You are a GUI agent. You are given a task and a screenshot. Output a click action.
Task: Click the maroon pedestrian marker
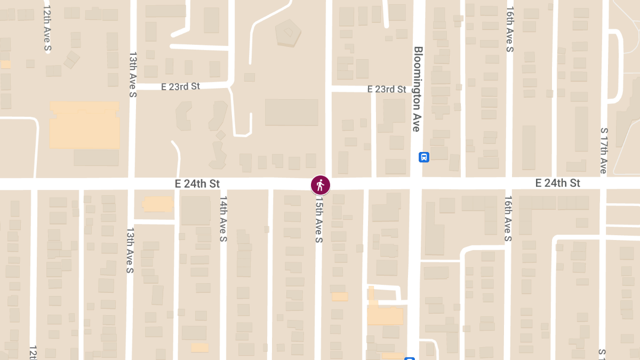(320, 185)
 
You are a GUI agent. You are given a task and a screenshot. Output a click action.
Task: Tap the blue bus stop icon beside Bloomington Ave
(424, 157)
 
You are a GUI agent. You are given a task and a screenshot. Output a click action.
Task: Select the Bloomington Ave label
(417, 89)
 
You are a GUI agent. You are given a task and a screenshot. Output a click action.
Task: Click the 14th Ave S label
(223, 219)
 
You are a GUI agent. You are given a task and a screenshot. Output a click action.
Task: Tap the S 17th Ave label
(604, 150)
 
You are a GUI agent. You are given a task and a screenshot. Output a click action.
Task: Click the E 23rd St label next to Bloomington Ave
(387, 89)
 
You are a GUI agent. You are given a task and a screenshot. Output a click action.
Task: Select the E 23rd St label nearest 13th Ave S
(180, 86)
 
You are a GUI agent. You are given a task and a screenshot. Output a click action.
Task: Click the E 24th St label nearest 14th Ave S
(197, 183)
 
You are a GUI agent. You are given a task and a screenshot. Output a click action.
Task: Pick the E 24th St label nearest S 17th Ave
(558, 183)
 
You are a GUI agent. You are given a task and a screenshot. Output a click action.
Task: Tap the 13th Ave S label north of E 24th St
(133, 75)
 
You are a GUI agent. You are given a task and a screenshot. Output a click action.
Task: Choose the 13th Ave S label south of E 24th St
(130, 251)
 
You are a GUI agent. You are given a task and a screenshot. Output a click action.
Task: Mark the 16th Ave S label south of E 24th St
(508, 219)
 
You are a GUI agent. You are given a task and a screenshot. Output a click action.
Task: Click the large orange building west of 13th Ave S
(84, 125)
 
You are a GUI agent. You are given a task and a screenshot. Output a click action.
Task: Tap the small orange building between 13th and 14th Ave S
(158, 204)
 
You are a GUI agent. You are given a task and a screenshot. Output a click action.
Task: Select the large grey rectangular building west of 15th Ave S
(291, 112)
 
